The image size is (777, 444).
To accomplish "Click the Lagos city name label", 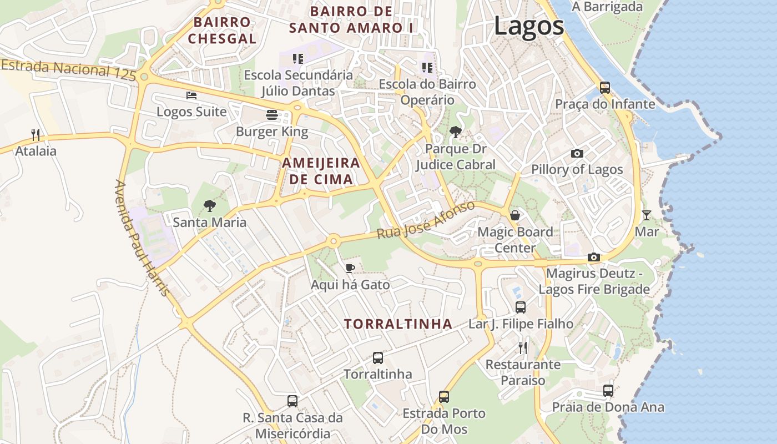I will [528, 26].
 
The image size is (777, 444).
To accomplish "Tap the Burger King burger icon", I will [272, 115].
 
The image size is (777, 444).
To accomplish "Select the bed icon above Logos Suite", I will [191, 95].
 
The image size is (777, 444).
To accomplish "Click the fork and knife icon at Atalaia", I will [36, 134].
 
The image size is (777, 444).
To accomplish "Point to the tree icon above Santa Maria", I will [209, 206].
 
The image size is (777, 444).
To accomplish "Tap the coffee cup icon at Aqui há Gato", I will [350, 269].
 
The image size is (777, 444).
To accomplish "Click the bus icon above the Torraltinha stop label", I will [378, 358].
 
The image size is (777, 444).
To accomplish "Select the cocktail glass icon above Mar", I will [647, 215].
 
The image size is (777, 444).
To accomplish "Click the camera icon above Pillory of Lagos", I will [577, 153].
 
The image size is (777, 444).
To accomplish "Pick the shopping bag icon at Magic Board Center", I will [515, 215].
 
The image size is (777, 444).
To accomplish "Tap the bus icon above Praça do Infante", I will [605, 88].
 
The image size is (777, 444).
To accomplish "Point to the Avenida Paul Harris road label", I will [141, 238].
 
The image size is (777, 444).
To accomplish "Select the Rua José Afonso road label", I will [426, 220].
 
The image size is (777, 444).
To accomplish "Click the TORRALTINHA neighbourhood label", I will [398, 324].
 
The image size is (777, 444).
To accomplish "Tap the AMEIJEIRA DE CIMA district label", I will [321, 171].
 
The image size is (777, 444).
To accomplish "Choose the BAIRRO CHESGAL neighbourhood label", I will [222, 31].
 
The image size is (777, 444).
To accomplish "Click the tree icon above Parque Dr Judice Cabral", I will [456, 132].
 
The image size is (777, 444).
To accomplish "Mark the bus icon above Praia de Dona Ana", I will [608, 390].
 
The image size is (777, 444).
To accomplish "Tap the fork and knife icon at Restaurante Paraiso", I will [523, 348].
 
